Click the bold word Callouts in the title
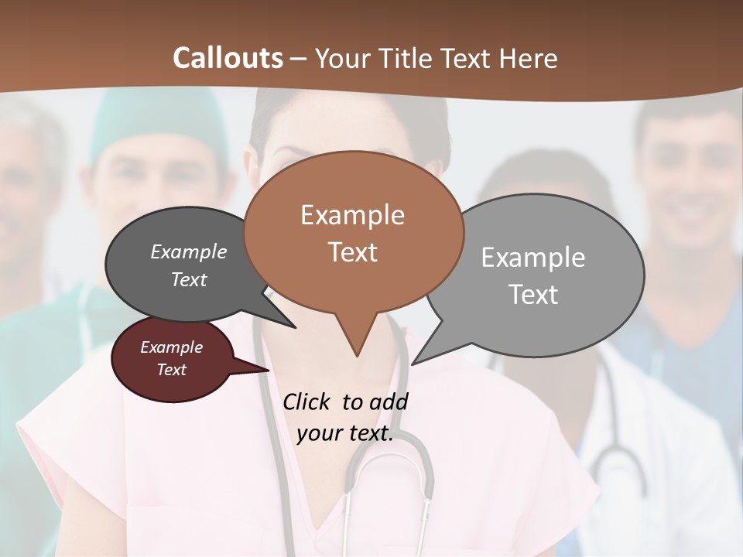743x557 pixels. [228, 58]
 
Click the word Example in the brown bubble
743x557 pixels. [352, 215]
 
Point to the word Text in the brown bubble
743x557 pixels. [353, 252]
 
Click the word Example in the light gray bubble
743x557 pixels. [533, 258]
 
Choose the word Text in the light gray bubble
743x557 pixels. [533, 295]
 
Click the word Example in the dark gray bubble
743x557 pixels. [189, 252]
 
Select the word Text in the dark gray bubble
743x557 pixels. [189, 280]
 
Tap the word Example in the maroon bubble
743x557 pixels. [171, 347]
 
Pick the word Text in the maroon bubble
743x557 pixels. [172, 370]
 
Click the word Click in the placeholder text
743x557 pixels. [307, 402]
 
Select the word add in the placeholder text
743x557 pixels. [389, 402]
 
